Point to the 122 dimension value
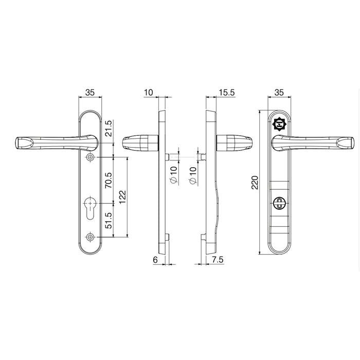click(x=122, y=196)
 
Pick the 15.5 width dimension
click(x=227, y=93)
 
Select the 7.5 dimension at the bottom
click(x=218, y=261)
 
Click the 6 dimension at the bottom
click(x=155, y=261)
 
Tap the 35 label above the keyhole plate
click(x=90, y=93)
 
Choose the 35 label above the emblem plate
click(x=280, y=93)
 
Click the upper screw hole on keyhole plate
click(x=91, y=157)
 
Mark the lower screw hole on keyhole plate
click(x=91, y=237)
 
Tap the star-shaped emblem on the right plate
click(x=280, y=123)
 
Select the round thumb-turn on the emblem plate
click(x=280, y=201)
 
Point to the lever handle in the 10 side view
click(x=138, y=142)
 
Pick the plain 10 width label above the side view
click(x=149, y=93)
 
